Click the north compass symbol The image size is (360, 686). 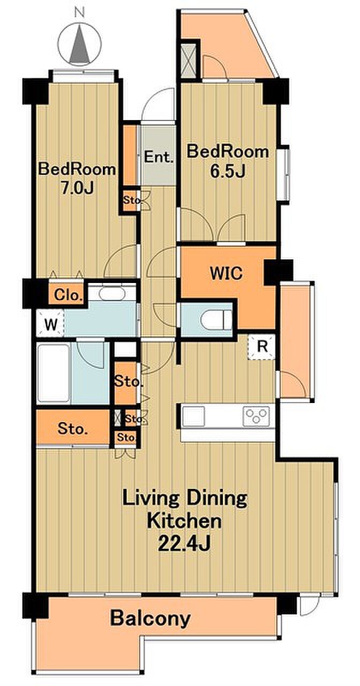(80, 44)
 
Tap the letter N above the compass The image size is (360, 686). (80, 12)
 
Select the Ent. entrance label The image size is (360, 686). (159, 158)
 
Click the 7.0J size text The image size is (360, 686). (77, 188)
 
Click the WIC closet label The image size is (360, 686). (226, 273)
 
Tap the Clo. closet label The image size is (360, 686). (68, 295)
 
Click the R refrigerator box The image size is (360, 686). (262, 347)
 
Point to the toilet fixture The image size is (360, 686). (216, 320)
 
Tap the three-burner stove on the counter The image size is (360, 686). (256, 416)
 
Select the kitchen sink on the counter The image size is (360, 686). (194, 416)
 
